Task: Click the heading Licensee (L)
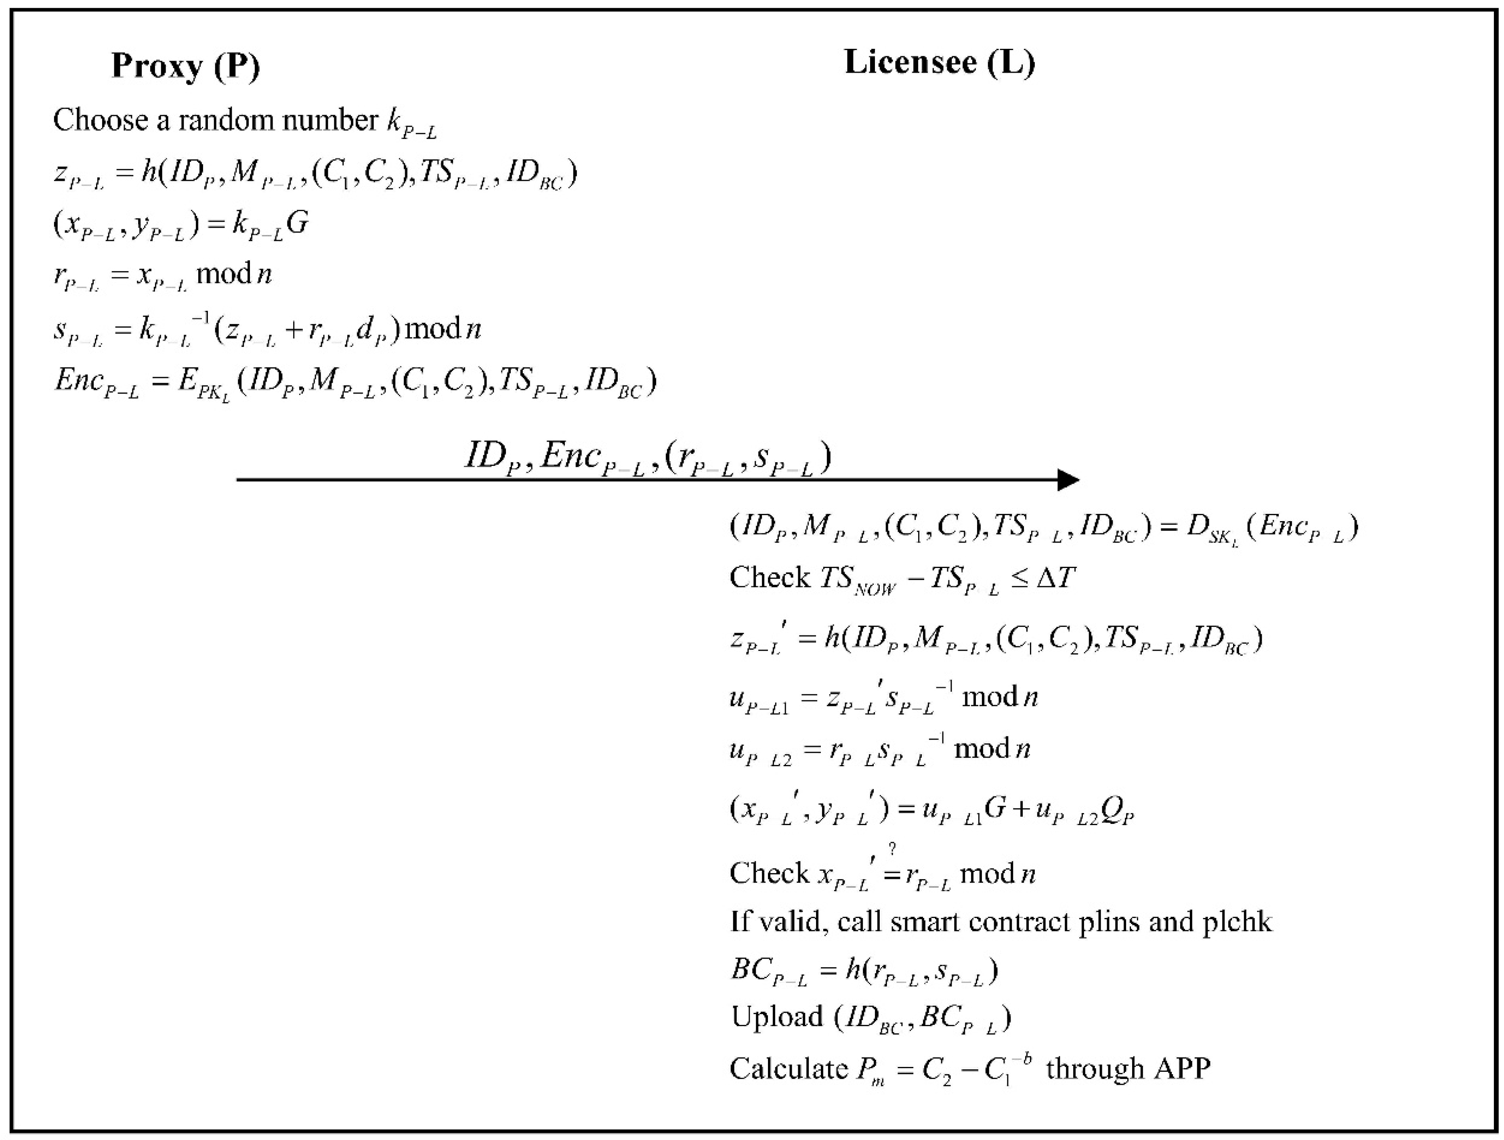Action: pyautogui.click(x=939, y=63)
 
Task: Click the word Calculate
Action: pyautogui.click(x=789, y=1069)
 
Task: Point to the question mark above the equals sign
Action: pyautogui.click(x=892, y=849)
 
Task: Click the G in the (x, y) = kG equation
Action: pyautogui.click(x=297, y=223)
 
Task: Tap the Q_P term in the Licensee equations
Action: pyautogui.click(x=1116, y=809)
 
